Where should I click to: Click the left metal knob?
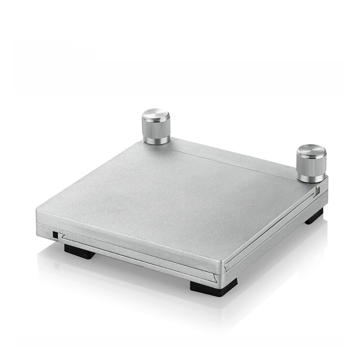(156, 128)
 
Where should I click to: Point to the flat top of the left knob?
(156, 116)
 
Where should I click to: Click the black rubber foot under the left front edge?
(80, 251)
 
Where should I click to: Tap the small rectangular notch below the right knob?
(318, 190)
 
